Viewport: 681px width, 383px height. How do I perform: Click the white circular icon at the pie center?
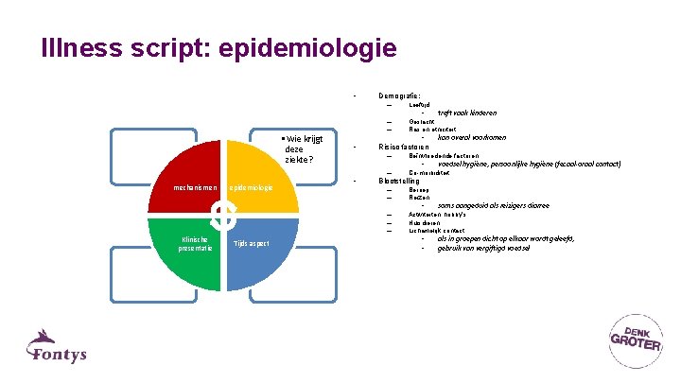click(x=224, y=215)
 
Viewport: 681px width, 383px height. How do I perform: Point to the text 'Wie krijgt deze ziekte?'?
click(x=298, y=149)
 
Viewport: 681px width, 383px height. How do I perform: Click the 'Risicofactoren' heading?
click(x=404, y=147)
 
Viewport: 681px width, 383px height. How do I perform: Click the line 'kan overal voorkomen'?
click(x=472, y=137)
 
